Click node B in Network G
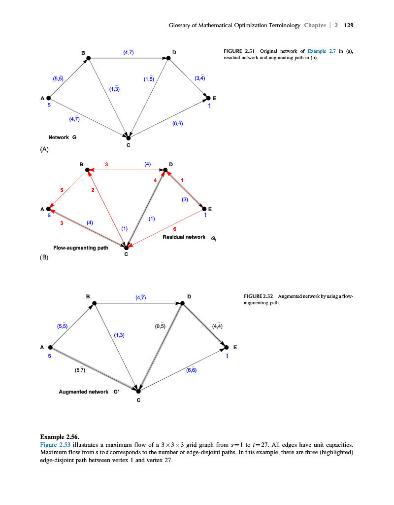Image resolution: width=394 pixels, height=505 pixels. coord(89,58)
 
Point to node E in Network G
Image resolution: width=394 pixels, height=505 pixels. coord(208,98)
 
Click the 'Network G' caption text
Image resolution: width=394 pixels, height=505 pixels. coord(62,137)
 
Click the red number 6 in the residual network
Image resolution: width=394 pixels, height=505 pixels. coord(175,229)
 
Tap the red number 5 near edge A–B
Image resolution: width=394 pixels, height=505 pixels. coord(62,190)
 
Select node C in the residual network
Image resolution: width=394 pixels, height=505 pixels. coord(126,247)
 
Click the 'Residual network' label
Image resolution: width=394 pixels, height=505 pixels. coord(184,237)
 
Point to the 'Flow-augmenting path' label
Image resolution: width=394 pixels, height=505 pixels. coord(80,247)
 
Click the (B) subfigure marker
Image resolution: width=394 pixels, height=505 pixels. coord(44,257)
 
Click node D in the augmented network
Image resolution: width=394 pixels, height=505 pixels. coord(182,303)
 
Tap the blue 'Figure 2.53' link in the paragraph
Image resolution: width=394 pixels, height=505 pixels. coord(55,444)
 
